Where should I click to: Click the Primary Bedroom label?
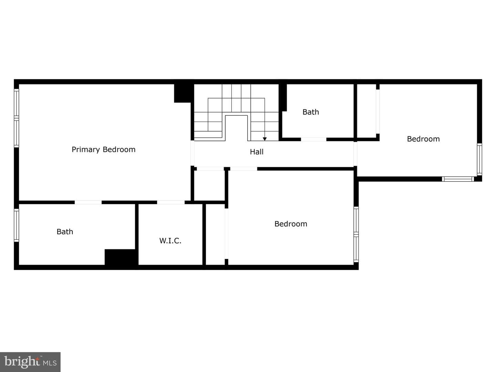click(x=103, y=149)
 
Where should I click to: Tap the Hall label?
click(x=257, y=152)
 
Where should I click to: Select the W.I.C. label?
click(x=170, y=241)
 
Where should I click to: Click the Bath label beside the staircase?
click(x=311, y=112)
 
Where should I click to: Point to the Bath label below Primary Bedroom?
click(x=65, y=232)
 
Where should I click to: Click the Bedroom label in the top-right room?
click(x=423, y=139)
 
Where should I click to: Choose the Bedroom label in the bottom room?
click(x=291, y=224)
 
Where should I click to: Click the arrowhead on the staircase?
click(x=265, y=139)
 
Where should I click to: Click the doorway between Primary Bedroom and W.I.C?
click(x=171, y=203)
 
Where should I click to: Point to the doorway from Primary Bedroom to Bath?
click(x=88, y=203)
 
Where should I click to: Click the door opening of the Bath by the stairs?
click(x=314, y=139)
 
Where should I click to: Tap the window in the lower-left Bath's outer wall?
click(x=17, y=225)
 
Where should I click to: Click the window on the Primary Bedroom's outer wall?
click(x=17, y=118)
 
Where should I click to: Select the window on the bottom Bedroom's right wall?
click(x=356, y=235)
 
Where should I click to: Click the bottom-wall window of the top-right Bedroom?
click(x=458, y=179)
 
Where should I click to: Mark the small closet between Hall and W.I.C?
click(x=209, y=185)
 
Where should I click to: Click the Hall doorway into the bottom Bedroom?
click(x=244, y=169)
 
